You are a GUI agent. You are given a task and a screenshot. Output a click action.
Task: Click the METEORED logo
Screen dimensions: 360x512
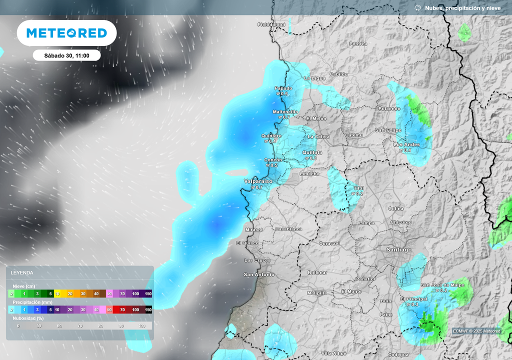pos(66,33)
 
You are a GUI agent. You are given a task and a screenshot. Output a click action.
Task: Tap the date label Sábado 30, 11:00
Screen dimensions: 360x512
pos(66,55)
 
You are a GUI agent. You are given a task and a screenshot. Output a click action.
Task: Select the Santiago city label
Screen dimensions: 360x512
pos(399,249)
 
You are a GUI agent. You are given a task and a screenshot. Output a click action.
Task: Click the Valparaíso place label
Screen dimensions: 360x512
pos(258,181)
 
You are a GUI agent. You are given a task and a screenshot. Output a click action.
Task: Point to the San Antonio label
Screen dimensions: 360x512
pos(259,274)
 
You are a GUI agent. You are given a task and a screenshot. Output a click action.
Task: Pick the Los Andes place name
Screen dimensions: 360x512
pos(406,144)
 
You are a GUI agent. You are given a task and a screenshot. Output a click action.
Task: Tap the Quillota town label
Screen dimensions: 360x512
pos(312,152)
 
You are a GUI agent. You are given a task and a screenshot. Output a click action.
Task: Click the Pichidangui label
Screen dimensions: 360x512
pos(271,24)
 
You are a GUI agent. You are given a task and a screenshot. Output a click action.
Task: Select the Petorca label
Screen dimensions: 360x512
pos(358,44)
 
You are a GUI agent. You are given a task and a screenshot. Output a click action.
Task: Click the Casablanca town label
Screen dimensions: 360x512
pos(288,229)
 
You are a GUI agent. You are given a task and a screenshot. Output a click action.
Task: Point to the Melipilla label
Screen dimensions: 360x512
pos(317,293)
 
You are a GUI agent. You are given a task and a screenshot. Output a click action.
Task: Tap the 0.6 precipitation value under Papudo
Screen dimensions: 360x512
pos(282,94)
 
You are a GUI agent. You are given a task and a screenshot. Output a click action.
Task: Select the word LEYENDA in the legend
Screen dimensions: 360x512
pos(22,272)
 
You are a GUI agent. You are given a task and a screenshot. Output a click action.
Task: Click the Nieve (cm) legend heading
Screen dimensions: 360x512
pos(24,285)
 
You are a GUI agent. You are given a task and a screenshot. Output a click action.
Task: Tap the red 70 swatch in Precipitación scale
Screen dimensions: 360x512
pos(122,309)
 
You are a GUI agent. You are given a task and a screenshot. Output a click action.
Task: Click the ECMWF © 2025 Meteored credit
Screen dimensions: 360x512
pos(476,331)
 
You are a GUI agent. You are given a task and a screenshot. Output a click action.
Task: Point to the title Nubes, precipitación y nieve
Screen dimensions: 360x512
pos(462,8)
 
